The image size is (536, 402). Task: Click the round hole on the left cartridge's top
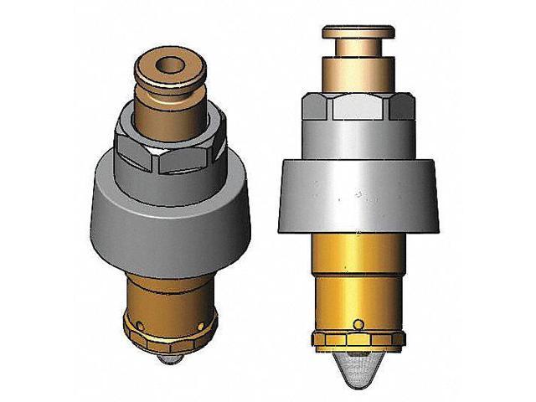coord(170,63)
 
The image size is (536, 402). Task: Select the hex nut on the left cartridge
coord(168,149)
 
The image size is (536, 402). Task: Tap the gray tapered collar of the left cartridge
coord(168,209)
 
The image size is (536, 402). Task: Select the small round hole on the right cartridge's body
coord(358,324)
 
